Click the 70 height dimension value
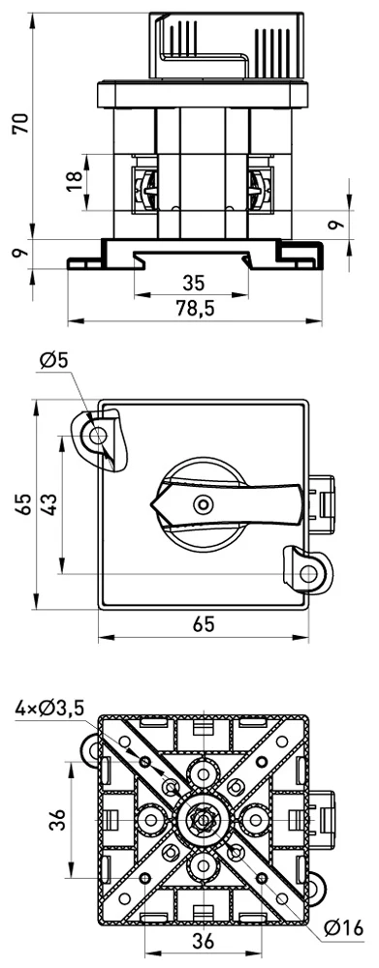22,124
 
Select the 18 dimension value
75,181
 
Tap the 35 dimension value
193,284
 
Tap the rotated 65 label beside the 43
23,503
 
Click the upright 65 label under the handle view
203,624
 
